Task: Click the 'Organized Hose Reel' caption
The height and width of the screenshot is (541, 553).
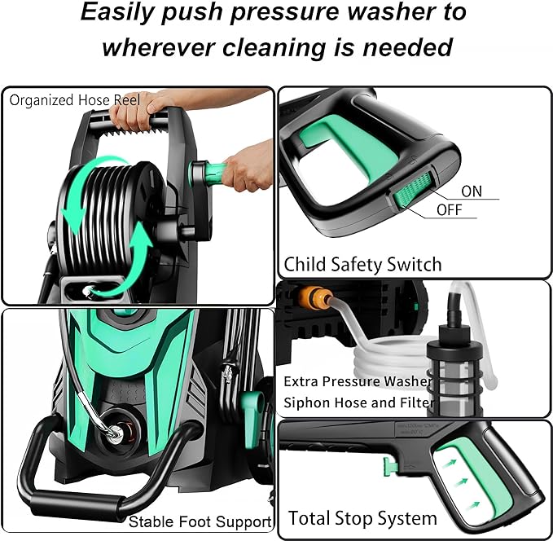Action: coord(75,100)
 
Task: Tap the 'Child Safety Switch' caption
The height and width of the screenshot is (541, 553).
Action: coord(362,264)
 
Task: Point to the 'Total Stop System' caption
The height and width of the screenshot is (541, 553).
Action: coord(362,518)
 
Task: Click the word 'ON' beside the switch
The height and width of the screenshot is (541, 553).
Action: coord(472,191)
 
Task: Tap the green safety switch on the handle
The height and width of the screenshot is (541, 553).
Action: coord(410,198)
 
